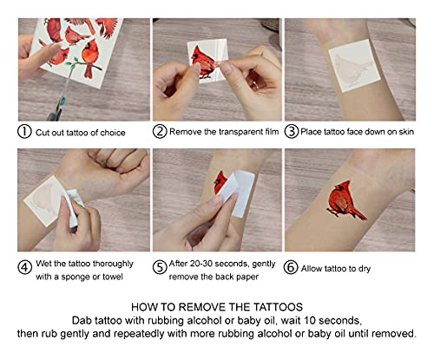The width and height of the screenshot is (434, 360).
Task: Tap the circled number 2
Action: [161, 133]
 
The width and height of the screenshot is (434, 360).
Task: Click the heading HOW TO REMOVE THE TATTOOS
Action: [217, 307]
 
